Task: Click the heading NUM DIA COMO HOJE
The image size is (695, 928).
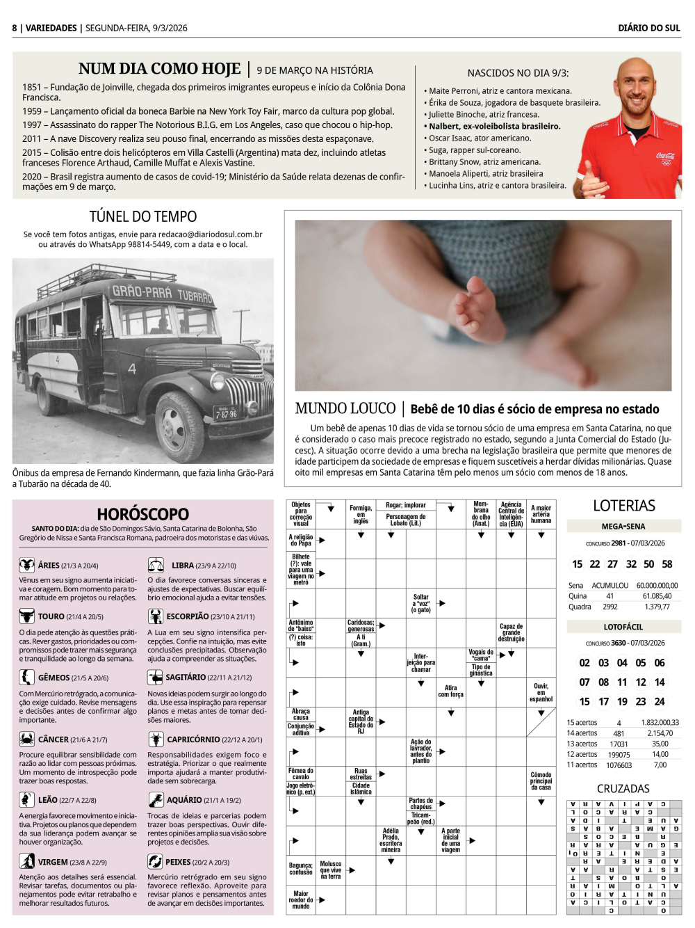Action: pyautogui.click(x=159, y=69)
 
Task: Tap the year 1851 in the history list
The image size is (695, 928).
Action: pyautogui.click(x=31, y=88)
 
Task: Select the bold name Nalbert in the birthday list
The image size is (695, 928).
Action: pyautogui.click(x=443, y=127)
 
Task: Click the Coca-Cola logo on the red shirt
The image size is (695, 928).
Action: pyautogui.click(x=665, y=157)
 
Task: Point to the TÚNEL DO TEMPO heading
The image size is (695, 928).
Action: pyautogui.click(x=143, y=217)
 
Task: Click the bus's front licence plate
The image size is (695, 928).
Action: pyautogui.click(x=226, y=414)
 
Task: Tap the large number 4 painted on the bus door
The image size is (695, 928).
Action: pyautogui.click(x=131, y=368)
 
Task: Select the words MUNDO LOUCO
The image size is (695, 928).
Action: pyautogui.click(x=345, y=409)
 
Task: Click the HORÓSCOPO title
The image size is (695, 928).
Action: pyautogui.click(x=143, y=514)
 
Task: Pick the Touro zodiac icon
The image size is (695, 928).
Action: pyautogui.click(x=26, y=616)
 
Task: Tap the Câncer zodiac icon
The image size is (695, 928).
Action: pyautogui.click(x=26, y=739)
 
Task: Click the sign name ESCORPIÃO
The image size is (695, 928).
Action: pyautogui.click(x=187, y=616)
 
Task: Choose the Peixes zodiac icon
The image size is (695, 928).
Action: pyautogui.click(x=155, y=861)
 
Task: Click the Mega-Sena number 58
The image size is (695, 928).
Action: pyautogui.click(x=667, y=564)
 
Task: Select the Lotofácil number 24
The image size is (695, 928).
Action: pyautogui.click(x=660, y=702)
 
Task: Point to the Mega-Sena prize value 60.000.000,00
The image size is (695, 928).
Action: pyautogui.click(x=657, y=586)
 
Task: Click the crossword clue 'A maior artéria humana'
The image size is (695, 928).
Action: pyautogui.click(x=541, y=514)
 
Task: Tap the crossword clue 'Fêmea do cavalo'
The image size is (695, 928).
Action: pyautogui.click(x=301, y=774)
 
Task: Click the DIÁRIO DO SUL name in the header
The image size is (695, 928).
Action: pyautogui.click(x=649, y=28)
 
